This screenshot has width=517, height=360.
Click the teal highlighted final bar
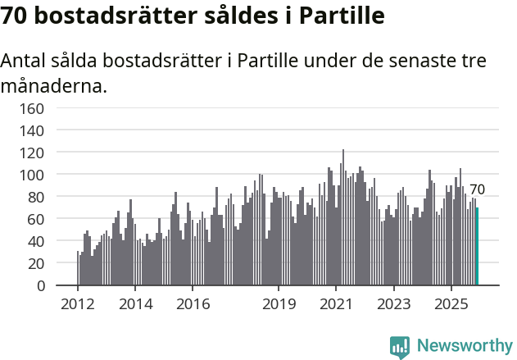pyautogui.click(x=477, y=246)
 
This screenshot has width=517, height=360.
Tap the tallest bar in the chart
pyautogui.click(x=343, y=217)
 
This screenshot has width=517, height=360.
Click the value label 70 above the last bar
pyautogui.click(x=477, y=189)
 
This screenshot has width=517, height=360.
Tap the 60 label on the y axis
pyautogui.click(x=36, y=219)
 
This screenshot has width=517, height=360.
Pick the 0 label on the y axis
pyautogui.click(x=40, y=286)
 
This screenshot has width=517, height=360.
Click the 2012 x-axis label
pyautogui.click(x=78, y=304)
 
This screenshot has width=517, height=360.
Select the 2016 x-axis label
pyautogui.click(x=193, y=304)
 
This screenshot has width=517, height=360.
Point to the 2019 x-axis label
pyautogui.click(x=279, y=304)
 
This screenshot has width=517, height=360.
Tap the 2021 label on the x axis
pyautogui.click(x=336, y=304)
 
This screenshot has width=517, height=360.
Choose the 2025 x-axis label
pyautogui.click(x=451, y=304)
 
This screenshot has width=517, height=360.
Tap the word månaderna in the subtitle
pyautogui.click(x=54, y=85)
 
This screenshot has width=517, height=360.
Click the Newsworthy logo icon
pyautogui.click(x=400, y=346)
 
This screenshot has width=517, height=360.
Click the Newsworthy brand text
pyautogui.click(x=464, y=346)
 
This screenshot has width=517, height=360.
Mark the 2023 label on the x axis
pyautogui.click(x=394, y=304)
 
